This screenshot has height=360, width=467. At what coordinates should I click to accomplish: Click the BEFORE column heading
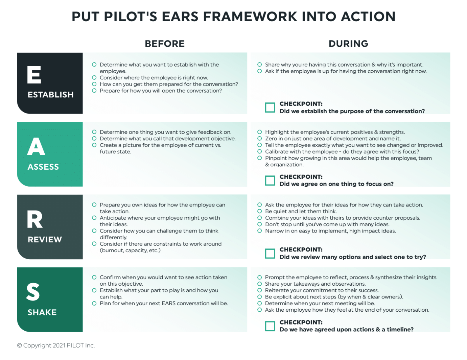(165, 44)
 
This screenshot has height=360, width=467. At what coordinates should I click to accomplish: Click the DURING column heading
(348, 44)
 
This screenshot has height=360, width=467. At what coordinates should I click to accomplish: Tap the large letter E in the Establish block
(34, 75)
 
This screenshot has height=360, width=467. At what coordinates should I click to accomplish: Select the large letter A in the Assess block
(36, 147)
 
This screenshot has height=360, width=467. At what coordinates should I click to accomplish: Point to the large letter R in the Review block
(35, 219)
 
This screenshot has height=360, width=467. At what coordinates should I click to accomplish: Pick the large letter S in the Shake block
(33, 292)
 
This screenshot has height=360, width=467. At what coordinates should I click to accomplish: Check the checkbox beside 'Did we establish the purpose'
(270, 107)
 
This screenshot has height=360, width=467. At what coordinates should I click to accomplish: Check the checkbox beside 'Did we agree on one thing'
(270, 181)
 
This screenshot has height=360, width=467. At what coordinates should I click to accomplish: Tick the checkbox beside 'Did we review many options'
(270, 253)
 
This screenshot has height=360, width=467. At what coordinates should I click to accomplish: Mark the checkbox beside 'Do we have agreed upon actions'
(270, 326)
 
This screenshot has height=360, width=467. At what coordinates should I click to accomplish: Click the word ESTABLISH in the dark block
(51, 95)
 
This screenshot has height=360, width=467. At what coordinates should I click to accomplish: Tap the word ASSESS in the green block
(43, 167)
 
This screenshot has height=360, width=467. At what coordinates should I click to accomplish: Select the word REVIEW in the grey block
(45, 240)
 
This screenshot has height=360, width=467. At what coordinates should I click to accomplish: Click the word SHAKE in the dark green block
(42, 312)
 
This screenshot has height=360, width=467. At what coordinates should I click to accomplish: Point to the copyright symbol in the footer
(20, 345)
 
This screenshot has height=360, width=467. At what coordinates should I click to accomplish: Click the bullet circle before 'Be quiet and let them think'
(259, 211)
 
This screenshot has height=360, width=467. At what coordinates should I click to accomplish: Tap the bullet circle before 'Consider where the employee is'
(94, 78)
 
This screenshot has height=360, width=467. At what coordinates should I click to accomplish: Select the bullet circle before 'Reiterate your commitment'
(259, 290)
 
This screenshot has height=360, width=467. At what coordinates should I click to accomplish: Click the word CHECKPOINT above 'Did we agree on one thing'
(301, 177)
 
